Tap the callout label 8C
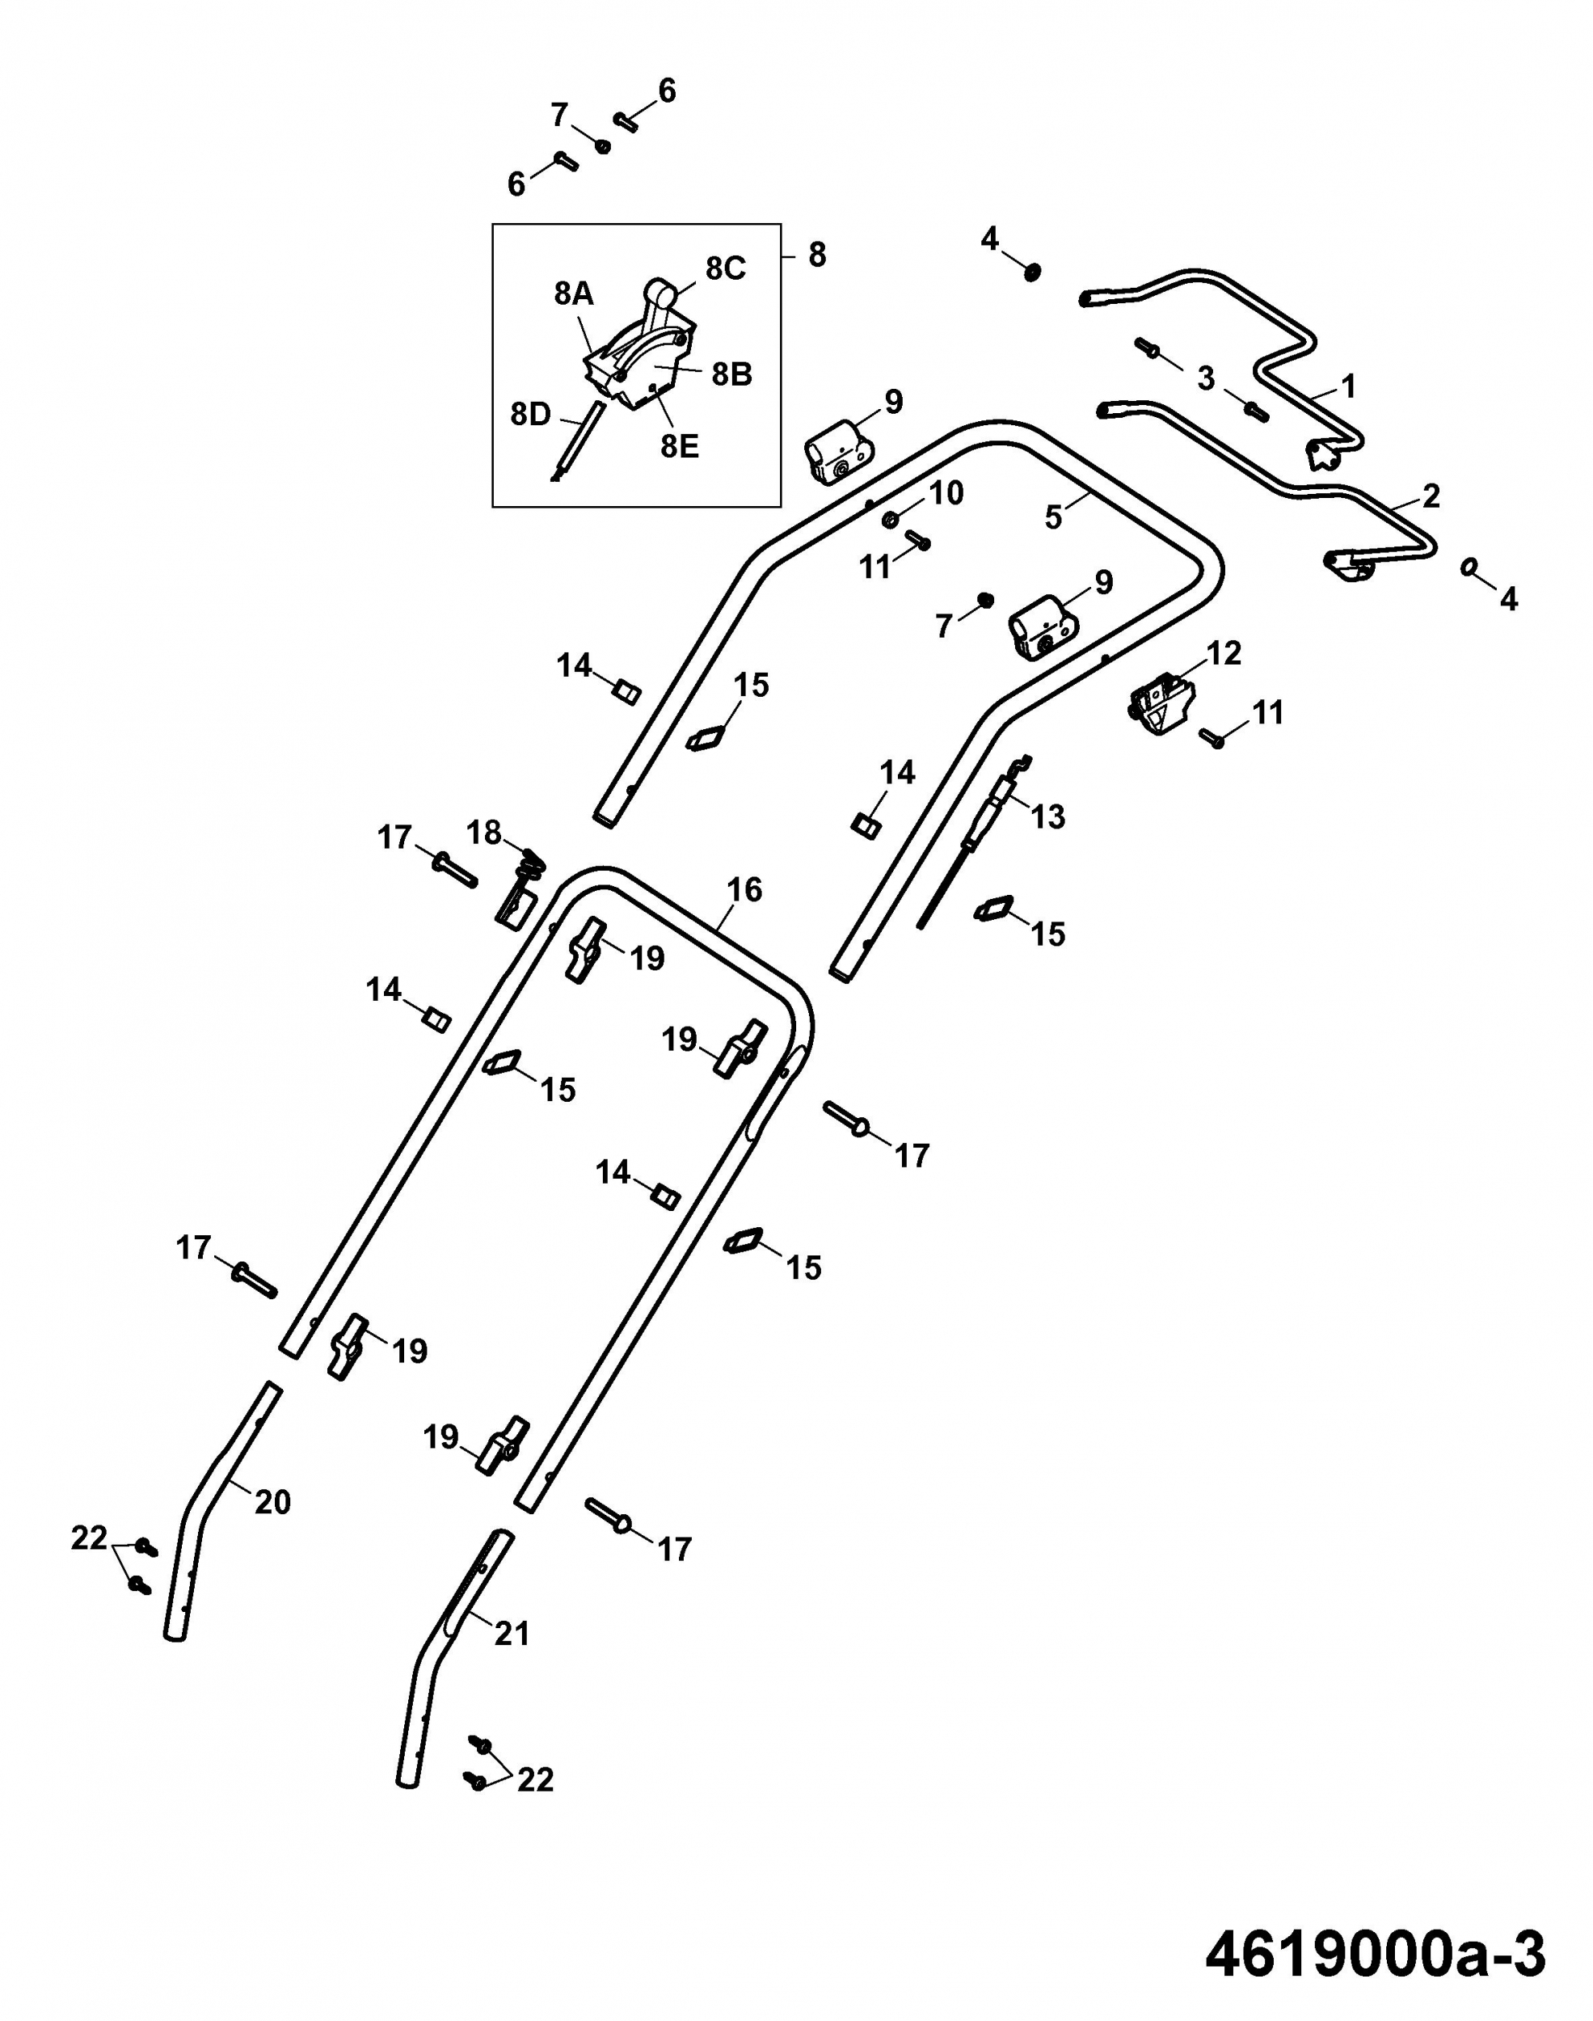tap(726, 268)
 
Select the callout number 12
tap(1224, 654)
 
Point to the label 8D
tap(531, 414)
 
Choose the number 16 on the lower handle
tap(744, 890)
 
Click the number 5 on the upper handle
tap(1053, 517)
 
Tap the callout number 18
tap(484, 832)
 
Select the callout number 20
tap(272, 1503)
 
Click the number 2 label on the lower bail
tap(1430, 496)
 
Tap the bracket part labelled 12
tap(1161, 703)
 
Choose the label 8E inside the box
tap(679, 447)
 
